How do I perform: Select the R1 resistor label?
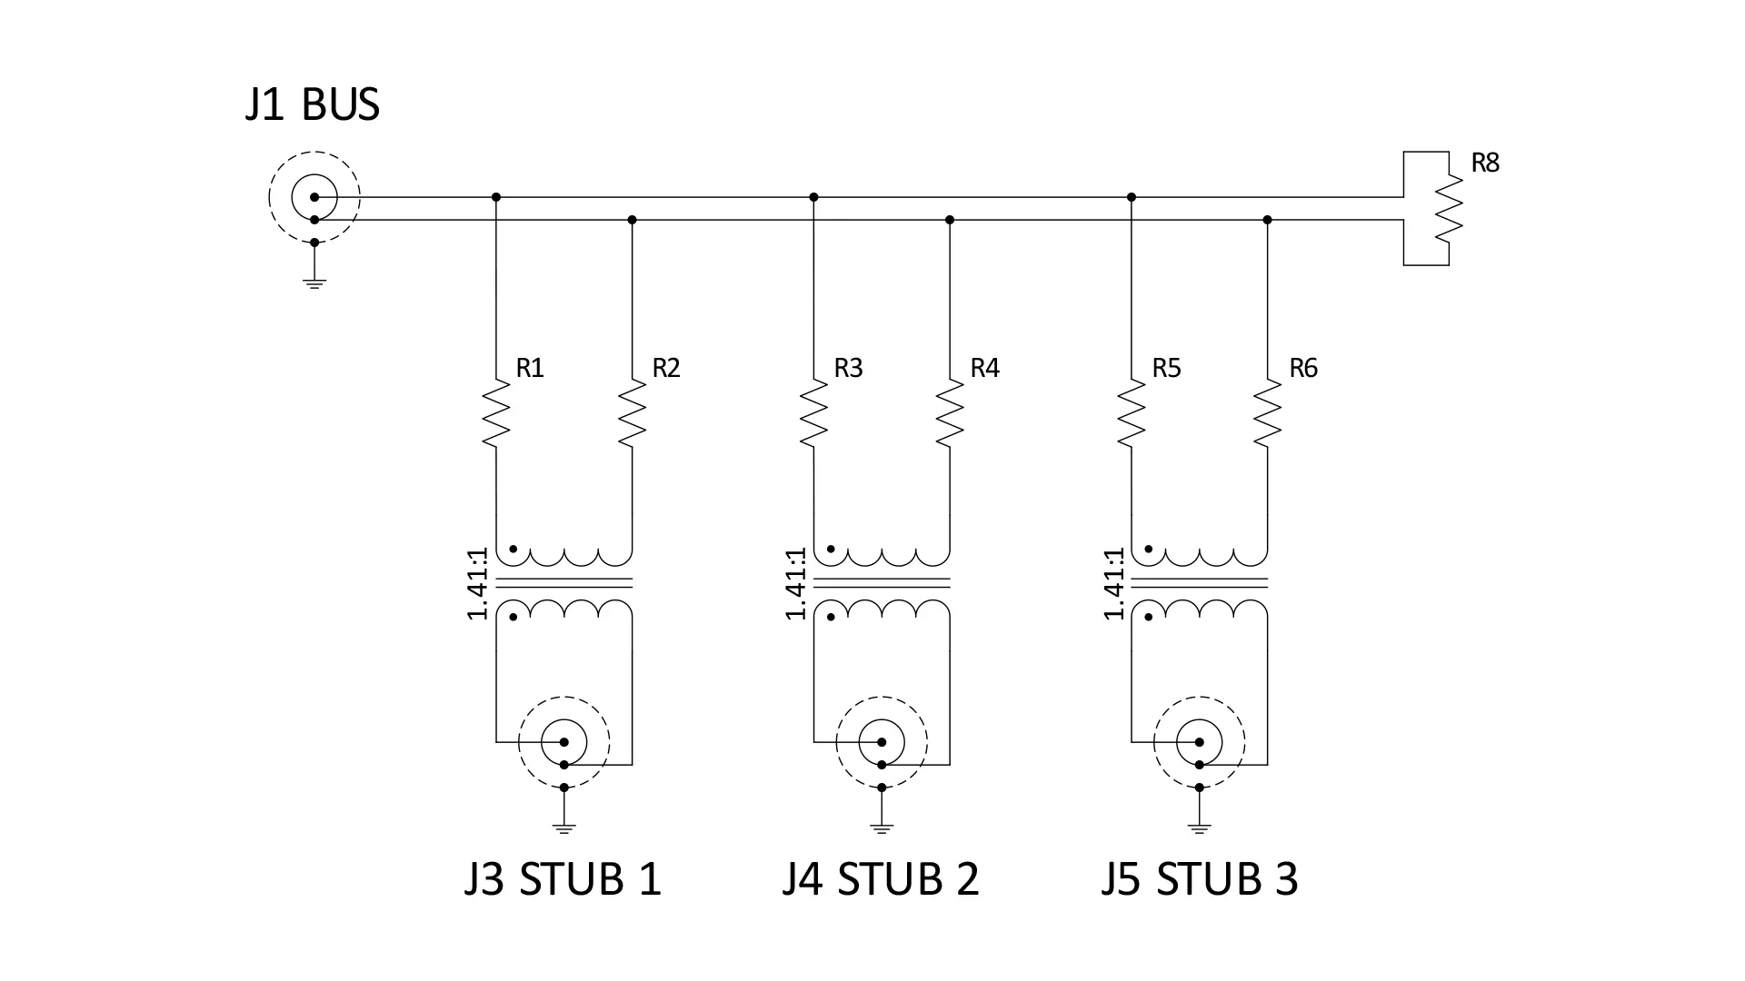[x=530, y=368]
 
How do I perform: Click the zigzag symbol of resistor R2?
[x=632, y=413]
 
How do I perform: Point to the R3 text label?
[x=848, y=368]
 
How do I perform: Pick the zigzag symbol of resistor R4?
[x=950, y=413]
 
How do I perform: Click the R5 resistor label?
[x=1166, y=368]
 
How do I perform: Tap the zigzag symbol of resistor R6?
[x=1268, y=413]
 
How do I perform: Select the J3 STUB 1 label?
[x=563, y=878]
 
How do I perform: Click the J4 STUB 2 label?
[x=881, y=878]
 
